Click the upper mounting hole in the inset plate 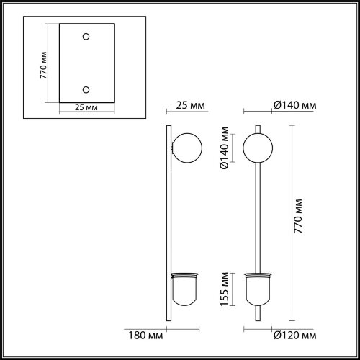tap(86, 37)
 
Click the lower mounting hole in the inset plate tap(86, 89)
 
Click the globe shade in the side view tap(185, 148)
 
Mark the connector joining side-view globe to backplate tap(173, 149)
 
